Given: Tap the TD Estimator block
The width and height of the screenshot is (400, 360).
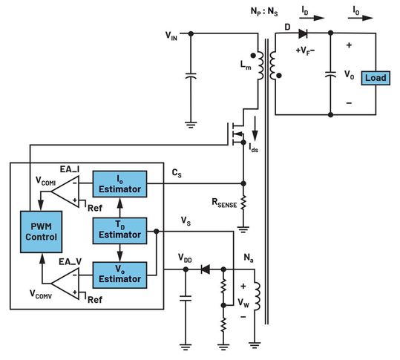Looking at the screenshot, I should [x=119, y=230].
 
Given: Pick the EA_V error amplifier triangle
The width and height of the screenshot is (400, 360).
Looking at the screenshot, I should [x=66, y=277].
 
